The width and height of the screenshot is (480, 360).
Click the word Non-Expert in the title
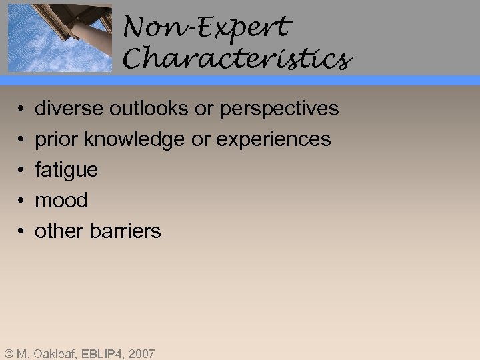(x=207, y=27)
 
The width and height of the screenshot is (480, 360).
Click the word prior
(x=51, y=139)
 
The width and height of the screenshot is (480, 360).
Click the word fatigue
(x=66, y=170)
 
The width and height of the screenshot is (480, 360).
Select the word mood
(x=61, y=200)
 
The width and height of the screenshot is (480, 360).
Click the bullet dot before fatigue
(x=22, y=171)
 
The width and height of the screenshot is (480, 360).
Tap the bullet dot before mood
(x=22, y=201)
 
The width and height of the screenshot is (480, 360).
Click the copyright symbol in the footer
(x=9, y=353)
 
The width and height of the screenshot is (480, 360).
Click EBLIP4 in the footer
(x=101, y=353)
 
